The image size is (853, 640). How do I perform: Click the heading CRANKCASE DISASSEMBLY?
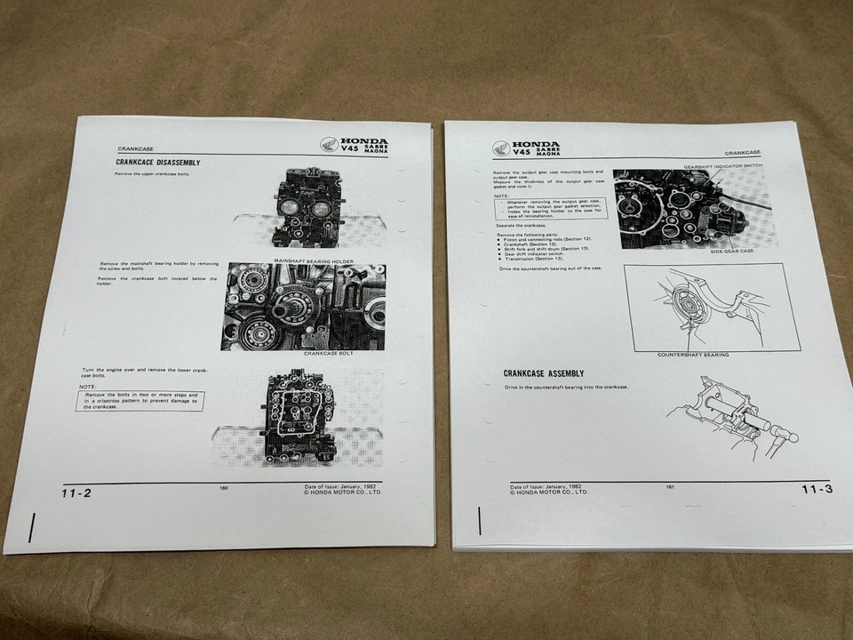[x=158, y=163]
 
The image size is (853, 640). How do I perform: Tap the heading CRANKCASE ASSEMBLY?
[x=544, y=373]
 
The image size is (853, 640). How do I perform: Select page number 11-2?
[x=76, y=493]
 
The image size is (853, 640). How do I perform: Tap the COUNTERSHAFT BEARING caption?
[x=693, y=355]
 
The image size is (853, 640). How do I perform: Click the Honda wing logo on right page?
[x=501, y=148]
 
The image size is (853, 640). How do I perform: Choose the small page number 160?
[x=224, y=487]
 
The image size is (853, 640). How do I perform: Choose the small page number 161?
[x=669, y=486]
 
